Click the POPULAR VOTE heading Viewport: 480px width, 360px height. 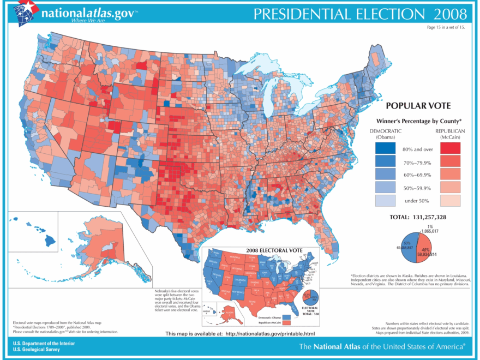pyautogui.click(x=417, y=107)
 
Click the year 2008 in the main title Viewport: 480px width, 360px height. pyautogui.click(x=451, y=14)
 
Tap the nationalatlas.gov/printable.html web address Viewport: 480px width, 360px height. pyautogui.click(x=269, y=333)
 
